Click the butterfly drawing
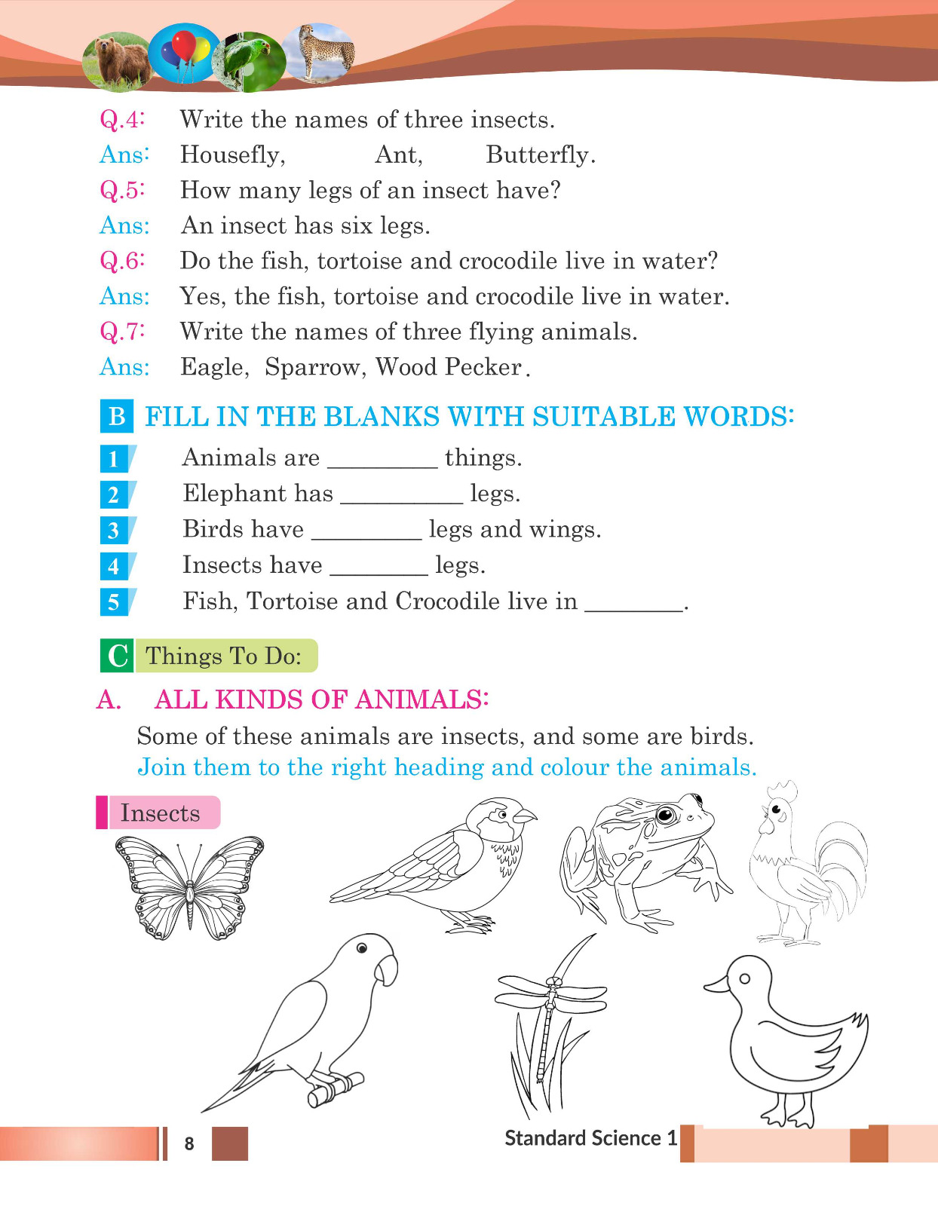(189, 887)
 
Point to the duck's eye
(744, 978)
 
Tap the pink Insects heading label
(159, 813)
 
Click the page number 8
(189, 1143)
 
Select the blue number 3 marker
(114, 530)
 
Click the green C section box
(117, 655)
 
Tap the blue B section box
(117, 416)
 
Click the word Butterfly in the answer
(540, 155)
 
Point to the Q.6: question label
(122, 261)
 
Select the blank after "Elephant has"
(401, 495)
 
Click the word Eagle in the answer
(213, 367)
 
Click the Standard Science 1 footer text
(590, 1137)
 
